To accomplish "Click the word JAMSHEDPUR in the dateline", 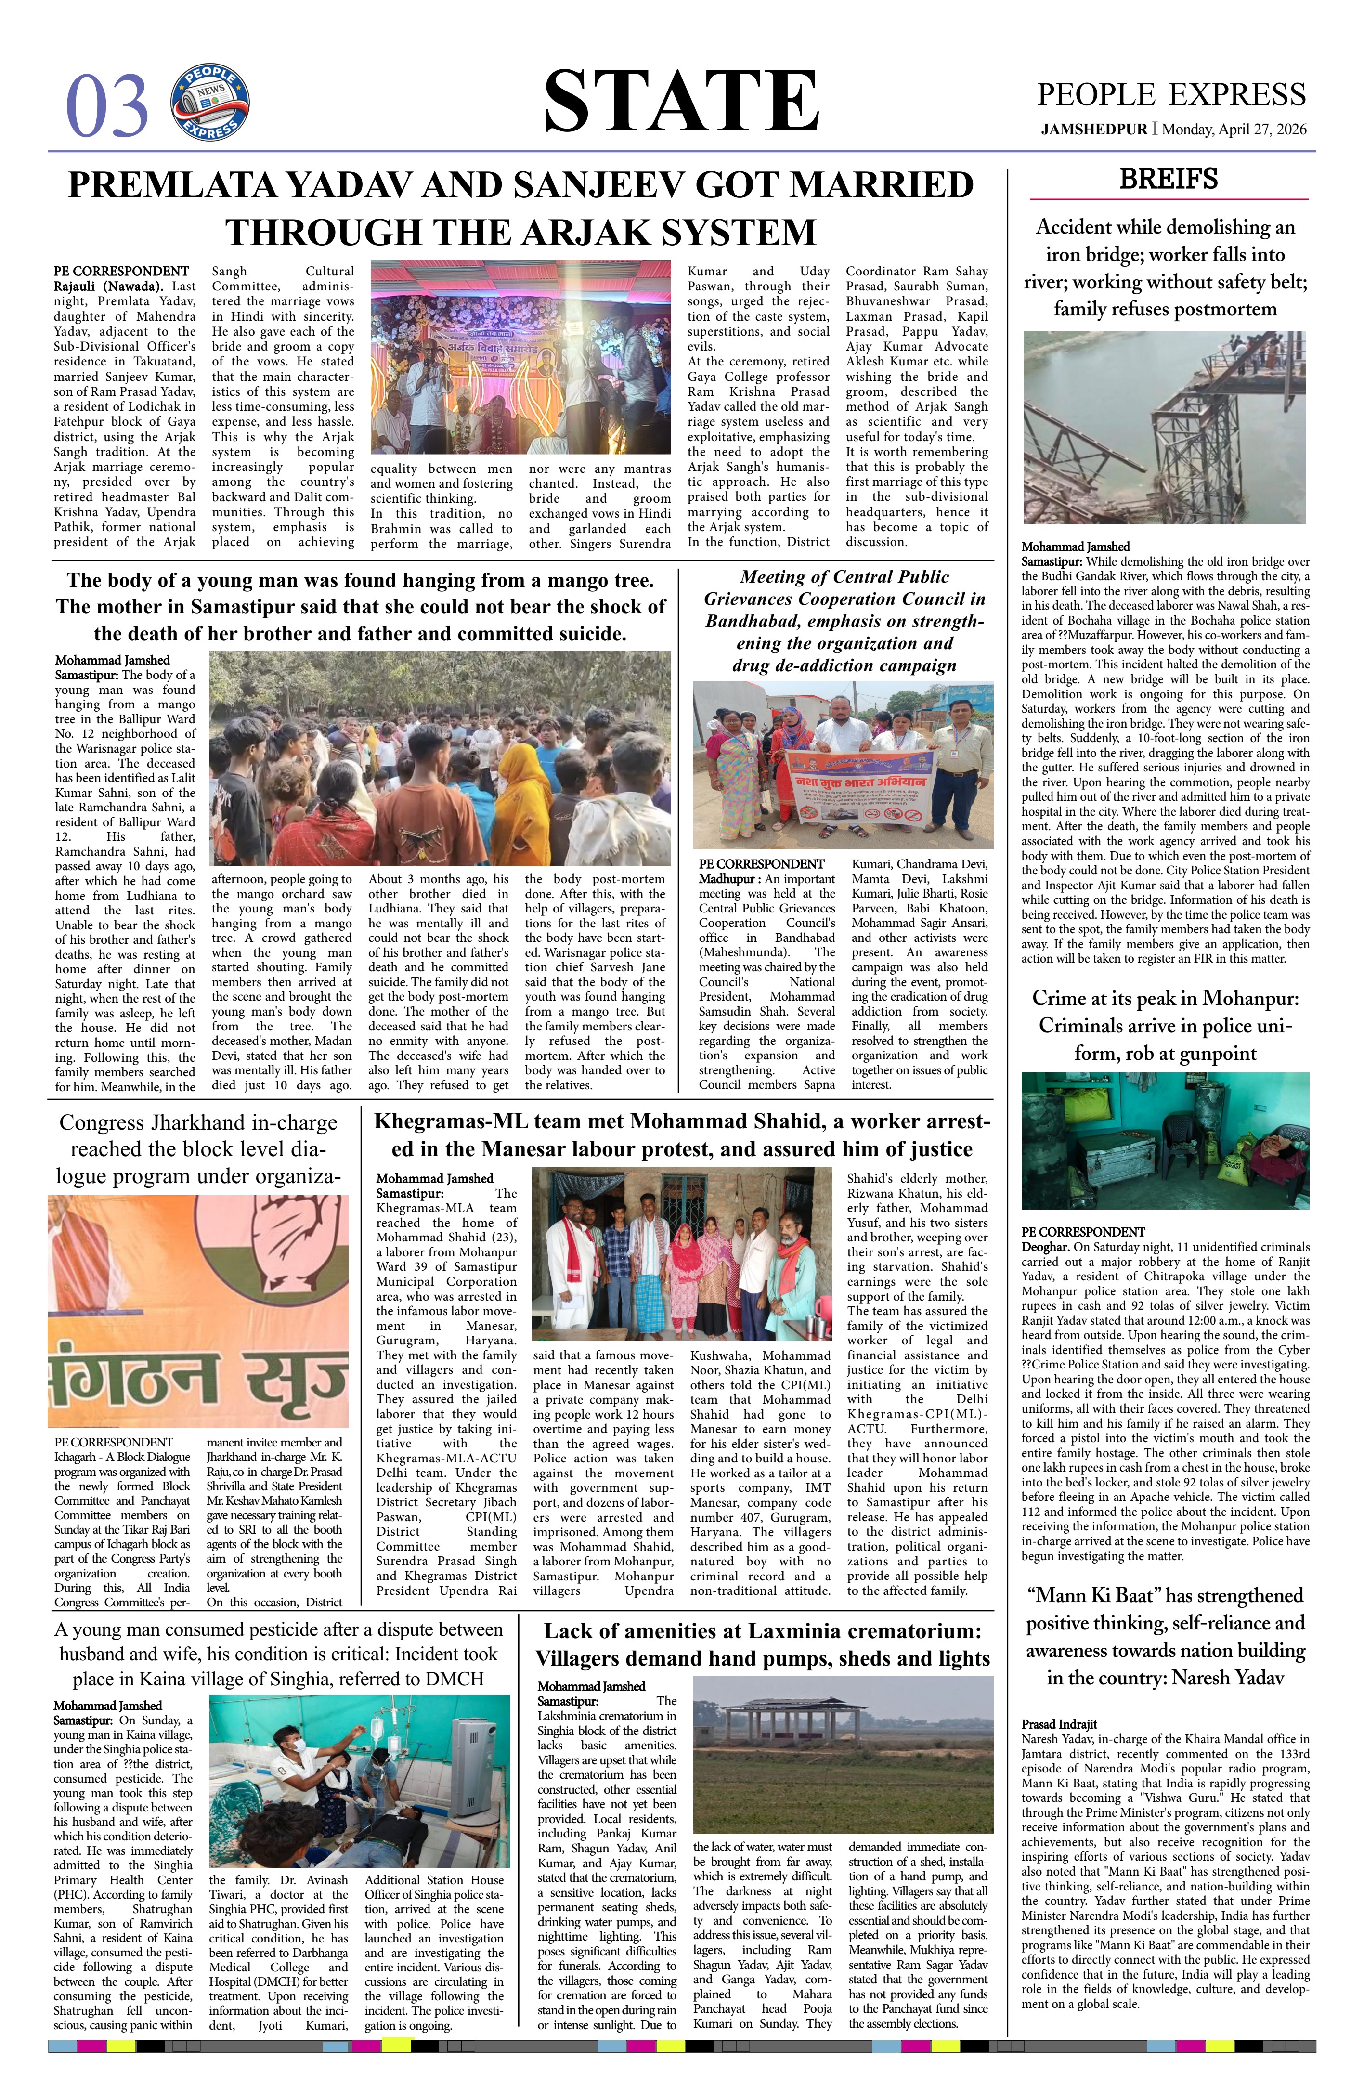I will coord(1093,130).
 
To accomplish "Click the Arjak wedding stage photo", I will coord(520,356).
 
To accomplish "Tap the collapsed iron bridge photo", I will coord(1165,428).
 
